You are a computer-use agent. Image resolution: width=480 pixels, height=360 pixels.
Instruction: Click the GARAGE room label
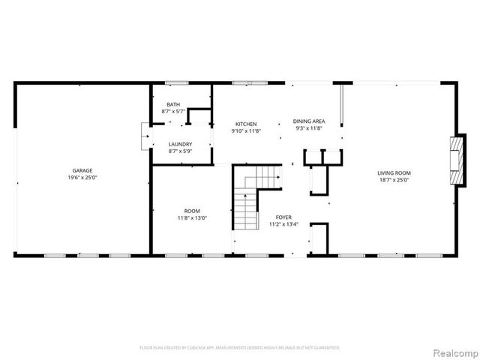pos(82,171)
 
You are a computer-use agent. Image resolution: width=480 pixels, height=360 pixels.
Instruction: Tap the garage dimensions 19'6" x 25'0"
pos(82,178)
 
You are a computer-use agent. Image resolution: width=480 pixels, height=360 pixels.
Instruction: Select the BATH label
pos(173,104)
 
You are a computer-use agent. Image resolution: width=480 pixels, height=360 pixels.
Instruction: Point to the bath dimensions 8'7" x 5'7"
pos(173,111)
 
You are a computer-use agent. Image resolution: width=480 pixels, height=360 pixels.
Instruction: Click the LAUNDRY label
pos(180,144)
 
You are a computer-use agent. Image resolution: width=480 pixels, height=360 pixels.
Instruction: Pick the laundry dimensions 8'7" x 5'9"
pos(180,151)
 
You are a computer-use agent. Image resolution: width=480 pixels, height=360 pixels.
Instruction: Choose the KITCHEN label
pos(246,124)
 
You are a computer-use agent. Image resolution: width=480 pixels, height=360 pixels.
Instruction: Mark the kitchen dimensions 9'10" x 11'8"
pos(246,130)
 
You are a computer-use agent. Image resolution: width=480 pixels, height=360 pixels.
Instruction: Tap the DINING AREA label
pos(308,121)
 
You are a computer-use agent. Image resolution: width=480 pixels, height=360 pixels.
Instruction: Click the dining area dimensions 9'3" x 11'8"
pos(308,128)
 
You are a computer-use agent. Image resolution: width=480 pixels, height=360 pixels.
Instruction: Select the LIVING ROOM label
pos(394,172)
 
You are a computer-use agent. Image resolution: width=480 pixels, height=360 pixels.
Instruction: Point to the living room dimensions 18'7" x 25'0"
pos(394,180)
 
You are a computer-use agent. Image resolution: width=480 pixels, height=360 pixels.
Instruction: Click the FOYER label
pos(283,217)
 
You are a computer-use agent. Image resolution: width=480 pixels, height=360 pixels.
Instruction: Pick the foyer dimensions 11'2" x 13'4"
pos(283,223)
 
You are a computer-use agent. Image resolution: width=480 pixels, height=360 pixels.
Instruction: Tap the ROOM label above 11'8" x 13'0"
pos(192,211)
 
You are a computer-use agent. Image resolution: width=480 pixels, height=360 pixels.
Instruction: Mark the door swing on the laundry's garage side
pos(145,137)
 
